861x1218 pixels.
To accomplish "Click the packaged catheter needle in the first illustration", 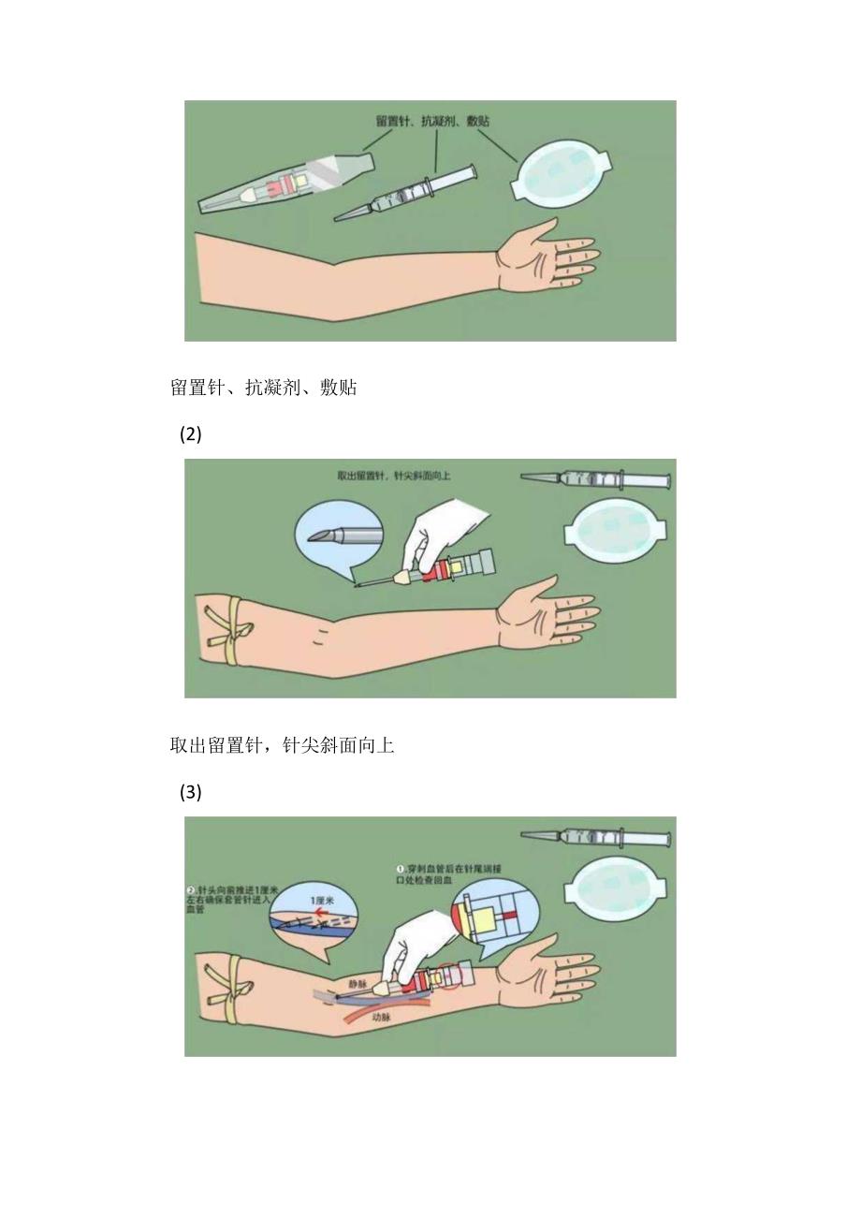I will (x=285, y=184).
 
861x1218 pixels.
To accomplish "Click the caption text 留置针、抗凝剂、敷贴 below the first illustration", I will (x=263, y=388).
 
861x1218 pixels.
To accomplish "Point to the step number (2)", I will (x=191, y=434).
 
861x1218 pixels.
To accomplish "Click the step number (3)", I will (x=191, y=792).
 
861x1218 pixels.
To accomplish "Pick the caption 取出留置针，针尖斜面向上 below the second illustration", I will (x=282, y=746).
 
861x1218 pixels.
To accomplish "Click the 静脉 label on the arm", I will (x=358, y=984).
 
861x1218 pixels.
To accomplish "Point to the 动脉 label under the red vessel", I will (x=381, y=1017).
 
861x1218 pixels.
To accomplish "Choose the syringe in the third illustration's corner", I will (x=595, y=838).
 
